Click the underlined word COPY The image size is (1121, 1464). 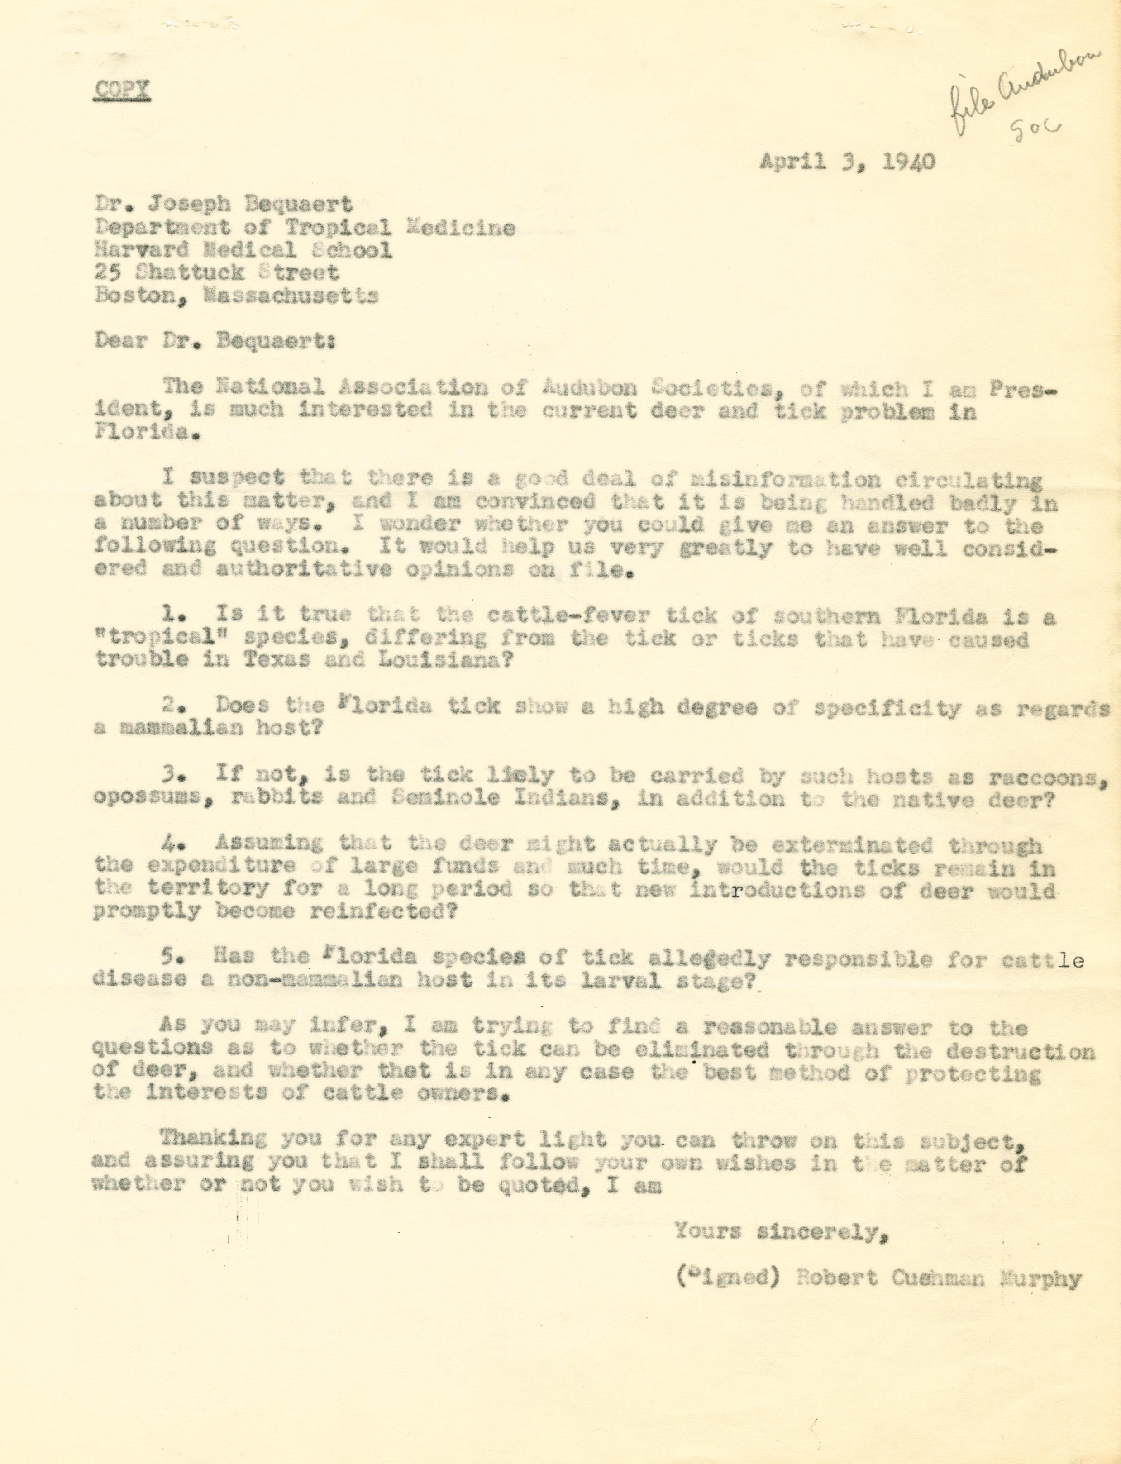(121, 90)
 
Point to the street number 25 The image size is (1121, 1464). (107, 272)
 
